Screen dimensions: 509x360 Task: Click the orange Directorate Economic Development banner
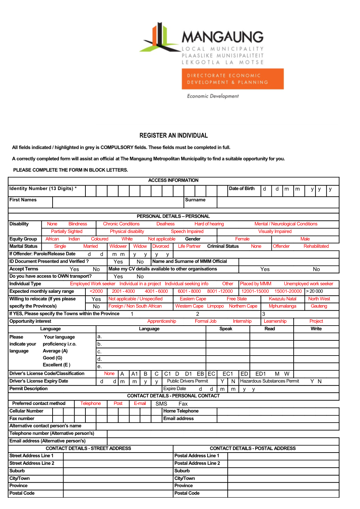pyautogui.click(x=233, y=79)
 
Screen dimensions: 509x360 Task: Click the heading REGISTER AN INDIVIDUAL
pyautogui.click(x=174, y=135)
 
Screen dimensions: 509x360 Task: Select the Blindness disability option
pyautogui.click(x=78, y=224)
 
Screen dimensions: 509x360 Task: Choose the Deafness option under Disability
pyautogui.click(x=166, y=224)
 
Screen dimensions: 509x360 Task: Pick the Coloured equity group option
pyautogui.click(x=100, y=239)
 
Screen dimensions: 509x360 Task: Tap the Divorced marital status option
pyautogui.click(x=161, y=247)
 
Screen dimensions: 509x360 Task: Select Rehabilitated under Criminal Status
pyautogui.click(x=316, y=247)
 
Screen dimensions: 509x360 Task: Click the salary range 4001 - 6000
pyautogui.click(x=156, y=291)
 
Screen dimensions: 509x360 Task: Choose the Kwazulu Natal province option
pyautogui.click(x=282, y=299)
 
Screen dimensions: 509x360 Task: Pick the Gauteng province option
pyautogui.click(x=319, y=306)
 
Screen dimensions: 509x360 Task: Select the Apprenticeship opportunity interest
pyautogui.click(x=162, y=321)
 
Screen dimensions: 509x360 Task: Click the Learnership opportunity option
pyautogui.click(x=275, y=321)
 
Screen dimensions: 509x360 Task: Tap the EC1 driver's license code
pyautogui.click(x=228, y=374)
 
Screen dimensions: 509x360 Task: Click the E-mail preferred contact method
pyautogui.click(x=140, y=404)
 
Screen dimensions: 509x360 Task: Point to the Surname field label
pyautogui.click(x=195, y=200)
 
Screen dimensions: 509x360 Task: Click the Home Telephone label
pyautogui.click(x=181, y=411)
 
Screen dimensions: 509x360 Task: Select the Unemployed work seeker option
pyautogui.click(x=308, y=284)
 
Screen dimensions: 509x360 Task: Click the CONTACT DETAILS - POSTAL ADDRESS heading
pyautogui.click(x=253, y=449)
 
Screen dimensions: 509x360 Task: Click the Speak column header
pyautogui.click(x=226, y=329)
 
